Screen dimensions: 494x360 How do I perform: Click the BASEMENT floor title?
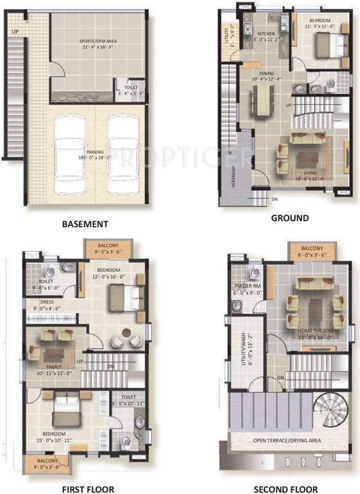point(84,224)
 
